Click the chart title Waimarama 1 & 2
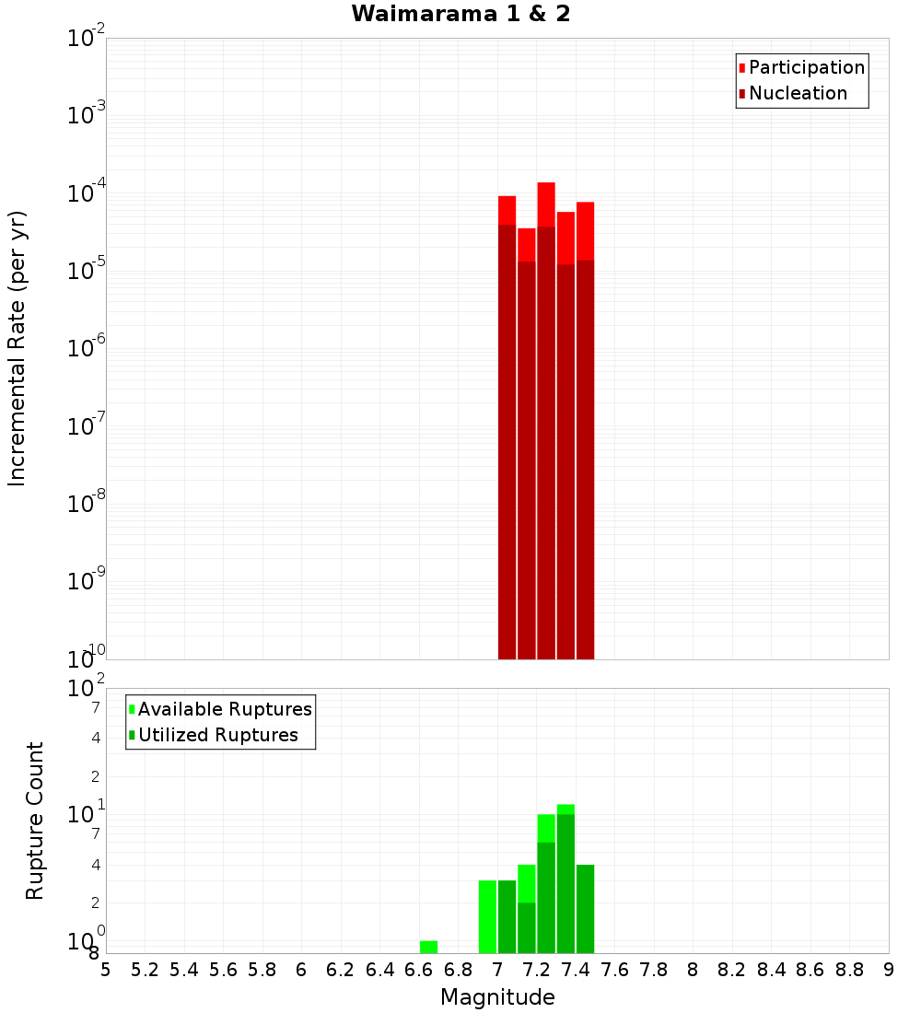click(x=460, y=15)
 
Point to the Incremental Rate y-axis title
click(x=17, y=348)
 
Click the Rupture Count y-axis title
click(x=35, y=821)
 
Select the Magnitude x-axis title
click(x=497, y=997)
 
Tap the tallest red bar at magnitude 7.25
click(x=546, y=414)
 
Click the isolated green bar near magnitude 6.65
click(x=428, y=947)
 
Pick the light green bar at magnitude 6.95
click(x=487, y=916)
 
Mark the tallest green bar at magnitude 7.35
click(x=565, y=879)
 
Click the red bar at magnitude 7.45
click(x=585, y=433)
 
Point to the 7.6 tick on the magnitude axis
click(x=614, y=970)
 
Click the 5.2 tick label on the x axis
click(x=145, y=970)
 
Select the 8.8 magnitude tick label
click(x=849, y=970)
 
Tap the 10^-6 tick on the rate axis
click(x=87, y=347)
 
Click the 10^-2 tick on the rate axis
click(x=87, y=38)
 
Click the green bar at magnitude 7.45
click(x=585, y=909)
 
